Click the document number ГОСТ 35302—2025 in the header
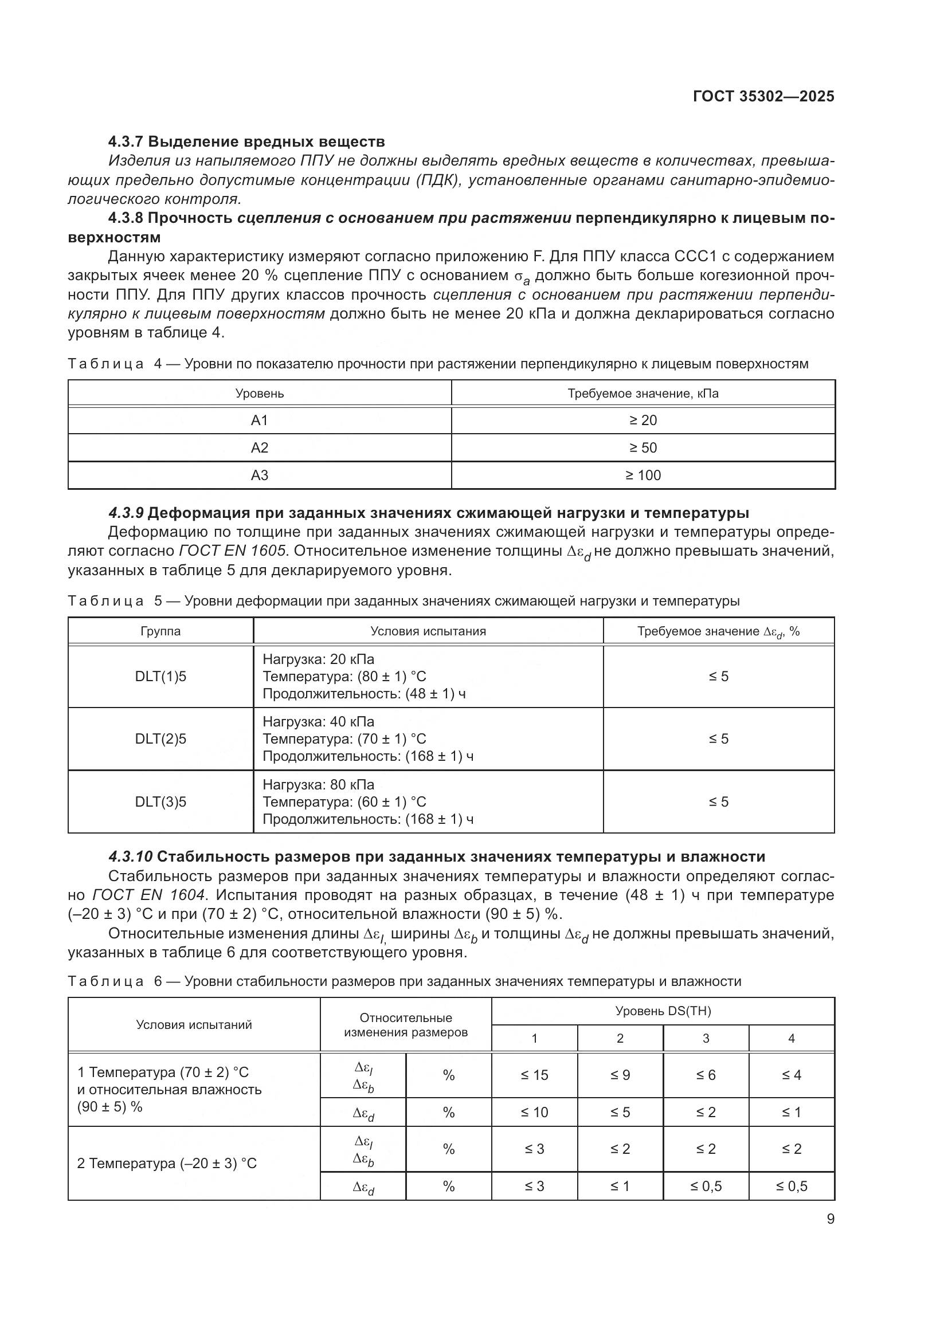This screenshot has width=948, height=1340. pos(763,96)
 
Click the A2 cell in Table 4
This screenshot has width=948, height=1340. pos(259,447)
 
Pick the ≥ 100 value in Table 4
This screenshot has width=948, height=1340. pos(643,475)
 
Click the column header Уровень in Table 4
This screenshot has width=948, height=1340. pos(259,394)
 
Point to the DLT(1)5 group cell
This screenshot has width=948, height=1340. pos(160,677)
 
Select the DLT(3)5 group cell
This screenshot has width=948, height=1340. pos(160,801)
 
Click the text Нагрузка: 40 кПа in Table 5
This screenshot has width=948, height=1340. pos(318,722)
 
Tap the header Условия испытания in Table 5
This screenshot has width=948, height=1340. pos(428,631)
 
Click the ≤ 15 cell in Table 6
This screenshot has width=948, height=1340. pos(534,1075)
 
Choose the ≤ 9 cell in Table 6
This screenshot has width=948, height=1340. pos(620,1075)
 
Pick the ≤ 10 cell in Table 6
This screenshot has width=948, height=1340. pos(534,1113)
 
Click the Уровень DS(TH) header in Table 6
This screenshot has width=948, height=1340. pos(663,1011)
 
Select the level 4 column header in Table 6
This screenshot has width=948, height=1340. pos(791,1038)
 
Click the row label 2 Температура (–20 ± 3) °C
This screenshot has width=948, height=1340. pos(167,1163)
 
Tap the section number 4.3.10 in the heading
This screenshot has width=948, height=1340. pos(130,856)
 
